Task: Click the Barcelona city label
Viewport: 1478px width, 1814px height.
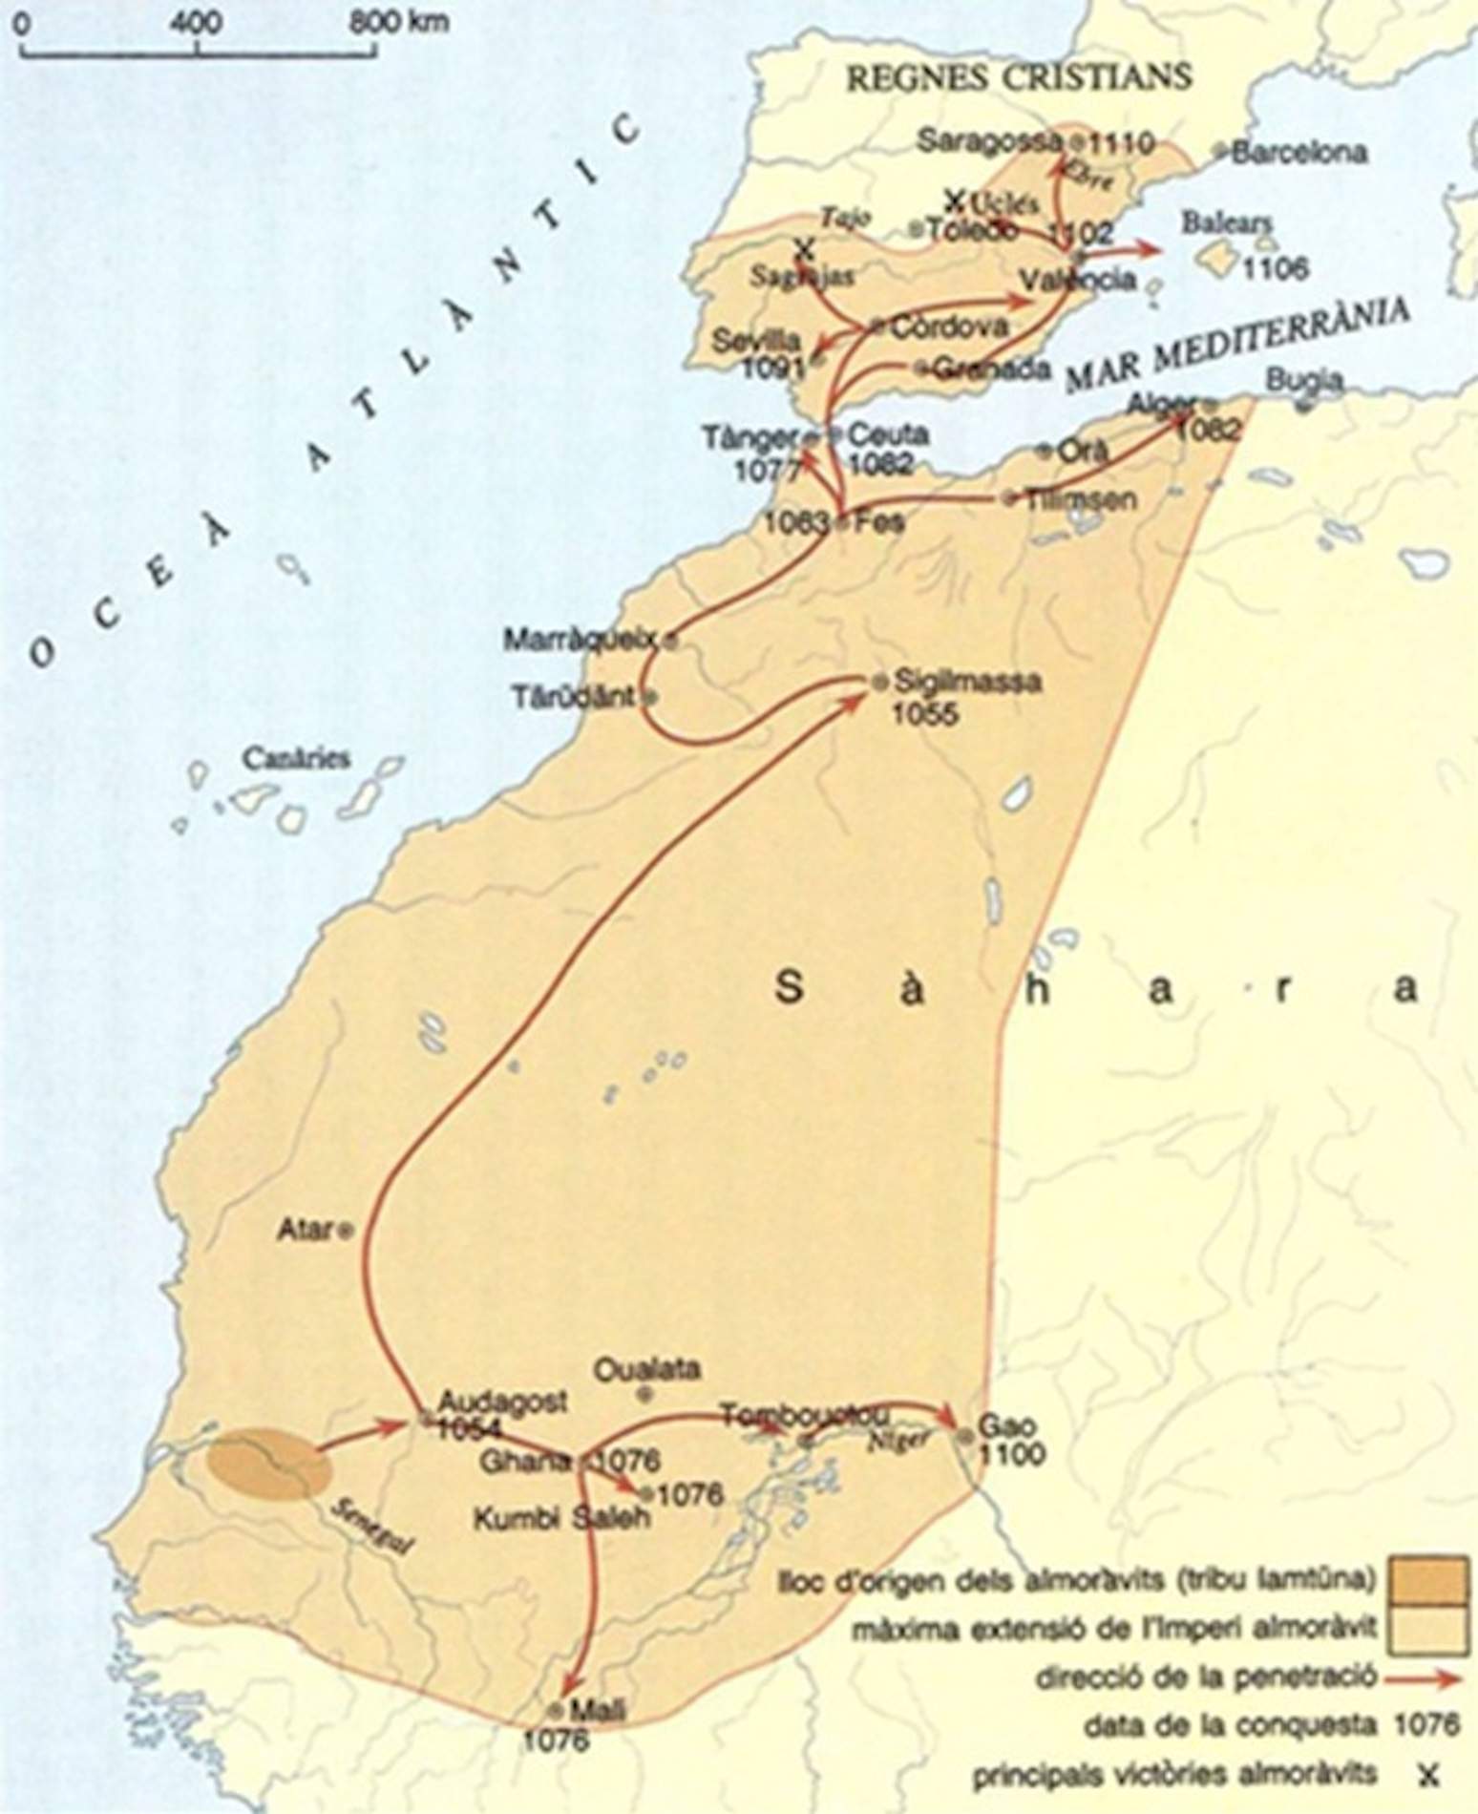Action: click(1299, 152)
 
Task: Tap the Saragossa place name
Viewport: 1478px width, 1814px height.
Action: click(989, 141)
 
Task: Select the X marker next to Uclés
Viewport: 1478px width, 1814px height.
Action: click(954, 200)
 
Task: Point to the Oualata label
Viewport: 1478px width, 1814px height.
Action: click(646, 1368)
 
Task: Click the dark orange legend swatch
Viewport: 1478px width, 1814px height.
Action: click(1426, 1580)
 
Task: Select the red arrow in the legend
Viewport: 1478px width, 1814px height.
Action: click(1423, 1677)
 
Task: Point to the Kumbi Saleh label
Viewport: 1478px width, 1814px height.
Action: click(562, 1518)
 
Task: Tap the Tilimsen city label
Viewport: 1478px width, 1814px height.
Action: click(1081, 499)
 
